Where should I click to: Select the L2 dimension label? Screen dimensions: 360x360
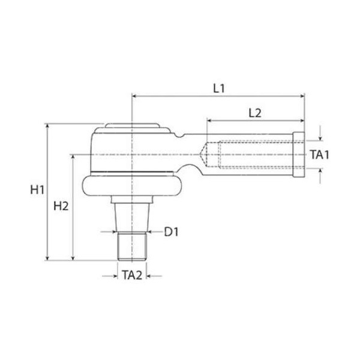tap(255, 112)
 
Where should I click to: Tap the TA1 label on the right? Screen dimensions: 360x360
tap(320, 154)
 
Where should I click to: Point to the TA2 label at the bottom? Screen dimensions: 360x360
tap(131, 275)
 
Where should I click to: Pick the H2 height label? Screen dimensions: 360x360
tap(61, 206)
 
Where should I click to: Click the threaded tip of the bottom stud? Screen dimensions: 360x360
tap(131, 246)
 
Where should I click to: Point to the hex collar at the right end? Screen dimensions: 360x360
tap(299, 154)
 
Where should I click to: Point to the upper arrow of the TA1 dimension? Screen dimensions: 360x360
tap(320, 136)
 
